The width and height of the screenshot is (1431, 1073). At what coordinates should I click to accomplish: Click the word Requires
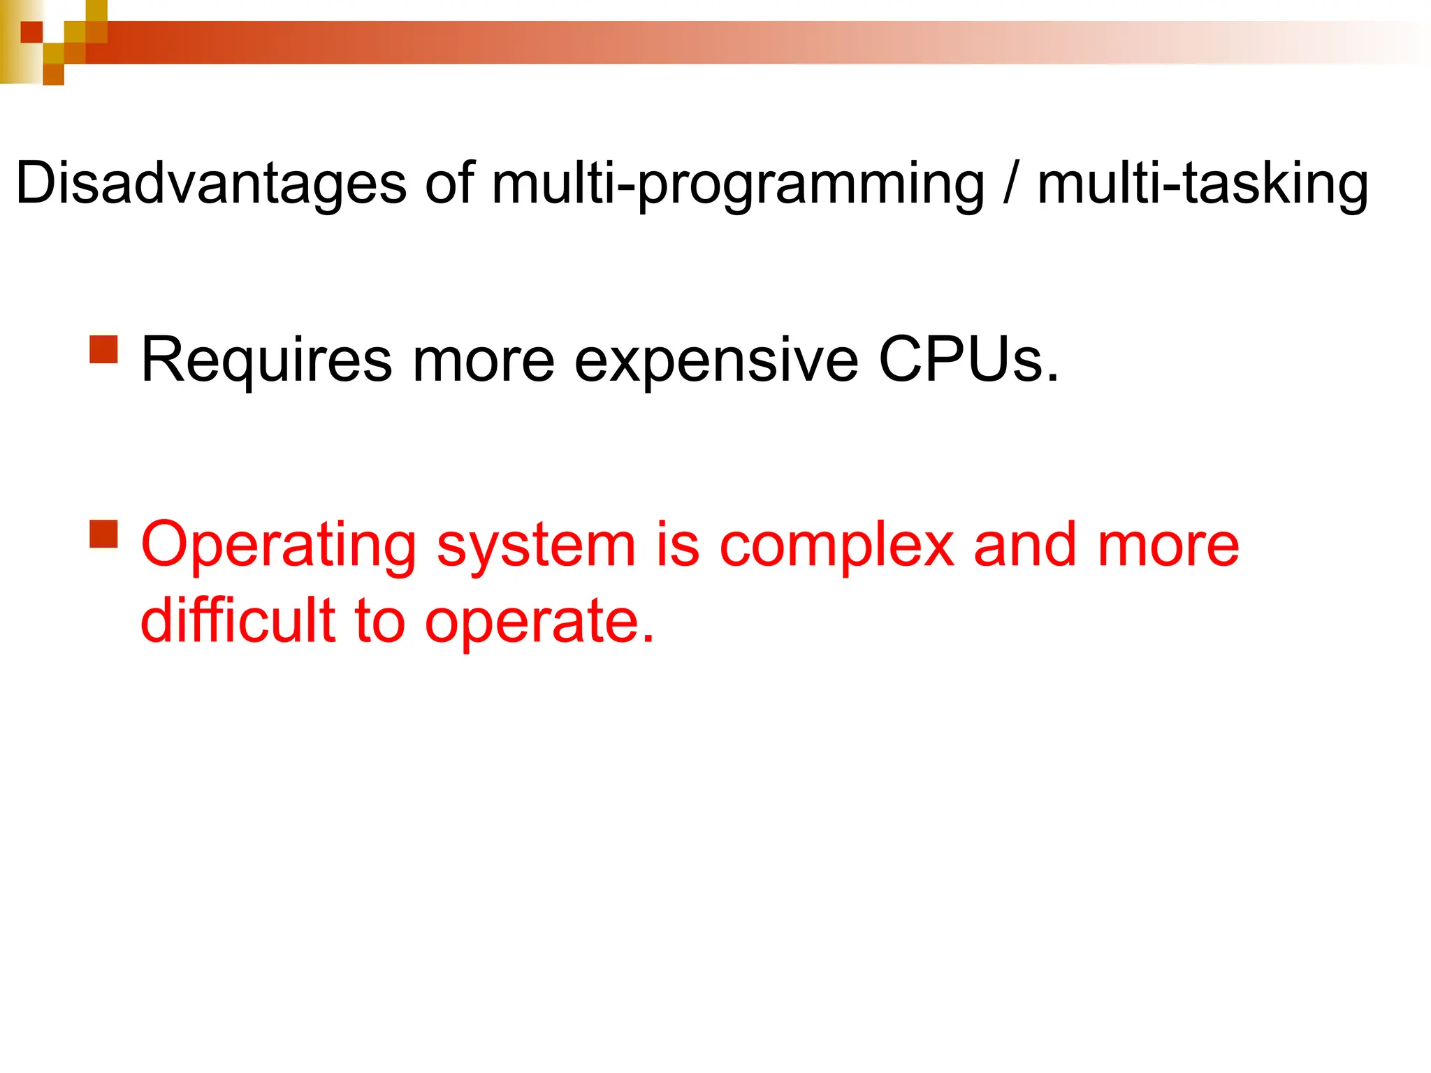click(266, 360)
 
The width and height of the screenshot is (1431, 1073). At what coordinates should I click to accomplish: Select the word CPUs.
click(968, 359)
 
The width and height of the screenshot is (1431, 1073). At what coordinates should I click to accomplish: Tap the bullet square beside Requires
click(104, 349)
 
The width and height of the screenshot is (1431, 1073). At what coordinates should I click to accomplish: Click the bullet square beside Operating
click(104, 534)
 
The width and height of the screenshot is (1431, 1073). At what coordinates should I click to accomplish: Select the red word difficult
click(238, 620)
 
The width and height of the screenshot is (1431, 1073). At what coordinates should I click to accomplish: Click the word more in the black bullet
click(484, 360)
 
